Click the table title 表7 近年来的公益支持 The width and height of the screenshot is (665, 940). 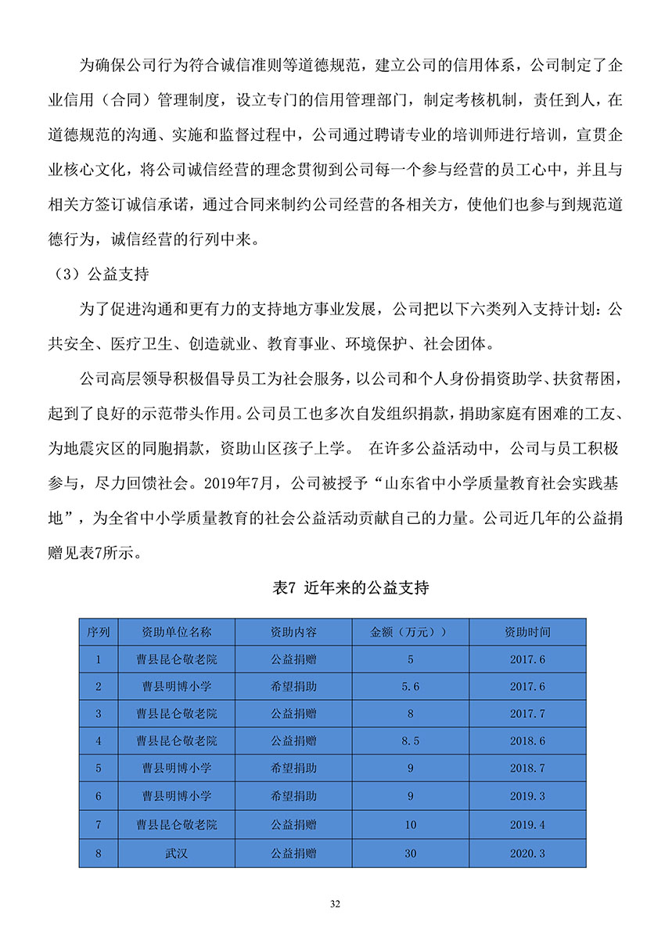[350, 589]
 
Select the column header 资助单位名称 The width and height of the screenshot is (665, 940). [176, 632]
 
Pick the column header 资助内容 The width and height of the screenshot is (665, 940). [293, 632]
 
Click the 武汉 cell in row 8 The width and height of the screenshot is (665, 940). [176, 853]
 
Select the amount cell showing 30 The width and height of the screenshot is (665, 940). [410, 853]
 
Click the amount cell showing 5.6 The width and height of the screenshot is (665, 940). [410, 687]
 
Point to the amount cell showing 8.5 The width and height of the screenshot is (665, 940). [410, 741]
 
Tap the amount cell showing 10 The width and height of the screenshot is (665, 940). [410, 824]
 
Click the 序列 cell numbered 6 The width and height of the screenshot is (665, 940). [99, 796]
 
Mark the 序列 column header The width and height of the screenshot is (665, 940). [99, 632]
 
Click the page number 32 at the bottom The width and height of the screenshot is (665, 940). [335, 905]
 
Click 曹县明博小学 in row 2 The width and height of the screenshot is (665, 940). [176, 687]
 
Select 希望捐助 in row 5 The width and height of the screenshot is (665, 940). [293, 768]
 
